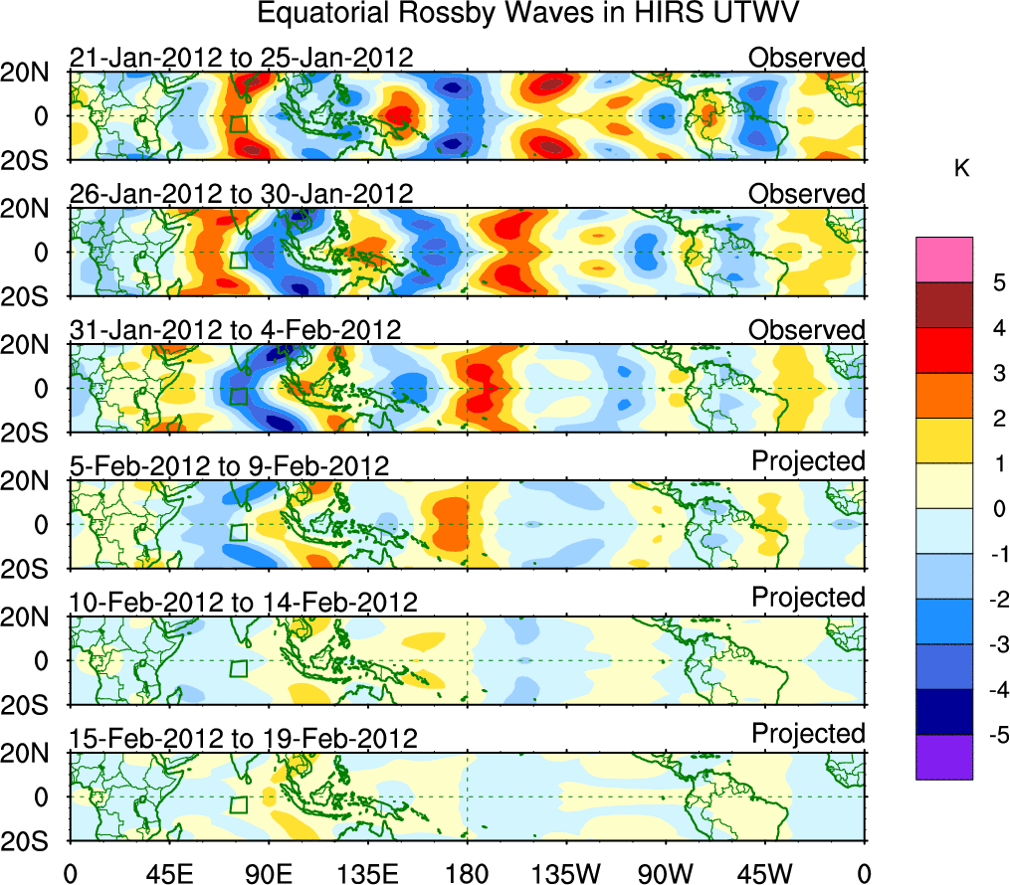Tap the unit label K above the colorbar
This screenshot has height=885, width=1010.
pyautogui.click(x=961, y=169)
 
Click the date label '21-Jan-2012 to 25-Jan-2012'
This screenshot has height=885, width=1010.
pyautogui.click(x=241, y=58)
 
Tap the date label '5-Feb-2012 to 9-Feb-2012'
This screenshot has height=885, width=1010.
pyautogui.click(x=229, y=465)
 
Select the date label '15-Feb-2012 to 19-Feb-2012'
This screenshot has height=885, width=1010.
pyautogui.click(x=243, y=738)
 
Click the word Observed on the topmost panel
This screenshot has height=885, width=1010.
pyautogui.click(x=807, y=58)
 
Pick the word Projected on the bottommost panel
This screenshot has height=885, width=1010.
pyautogui.click(x=808, y=734)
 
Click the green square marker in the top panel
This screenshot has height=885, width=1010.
pyautogui.click(x=238, y=124)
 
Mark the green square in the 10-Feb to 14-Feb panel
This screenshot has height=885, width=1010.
pyautogui.click(x=238, y=668)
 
